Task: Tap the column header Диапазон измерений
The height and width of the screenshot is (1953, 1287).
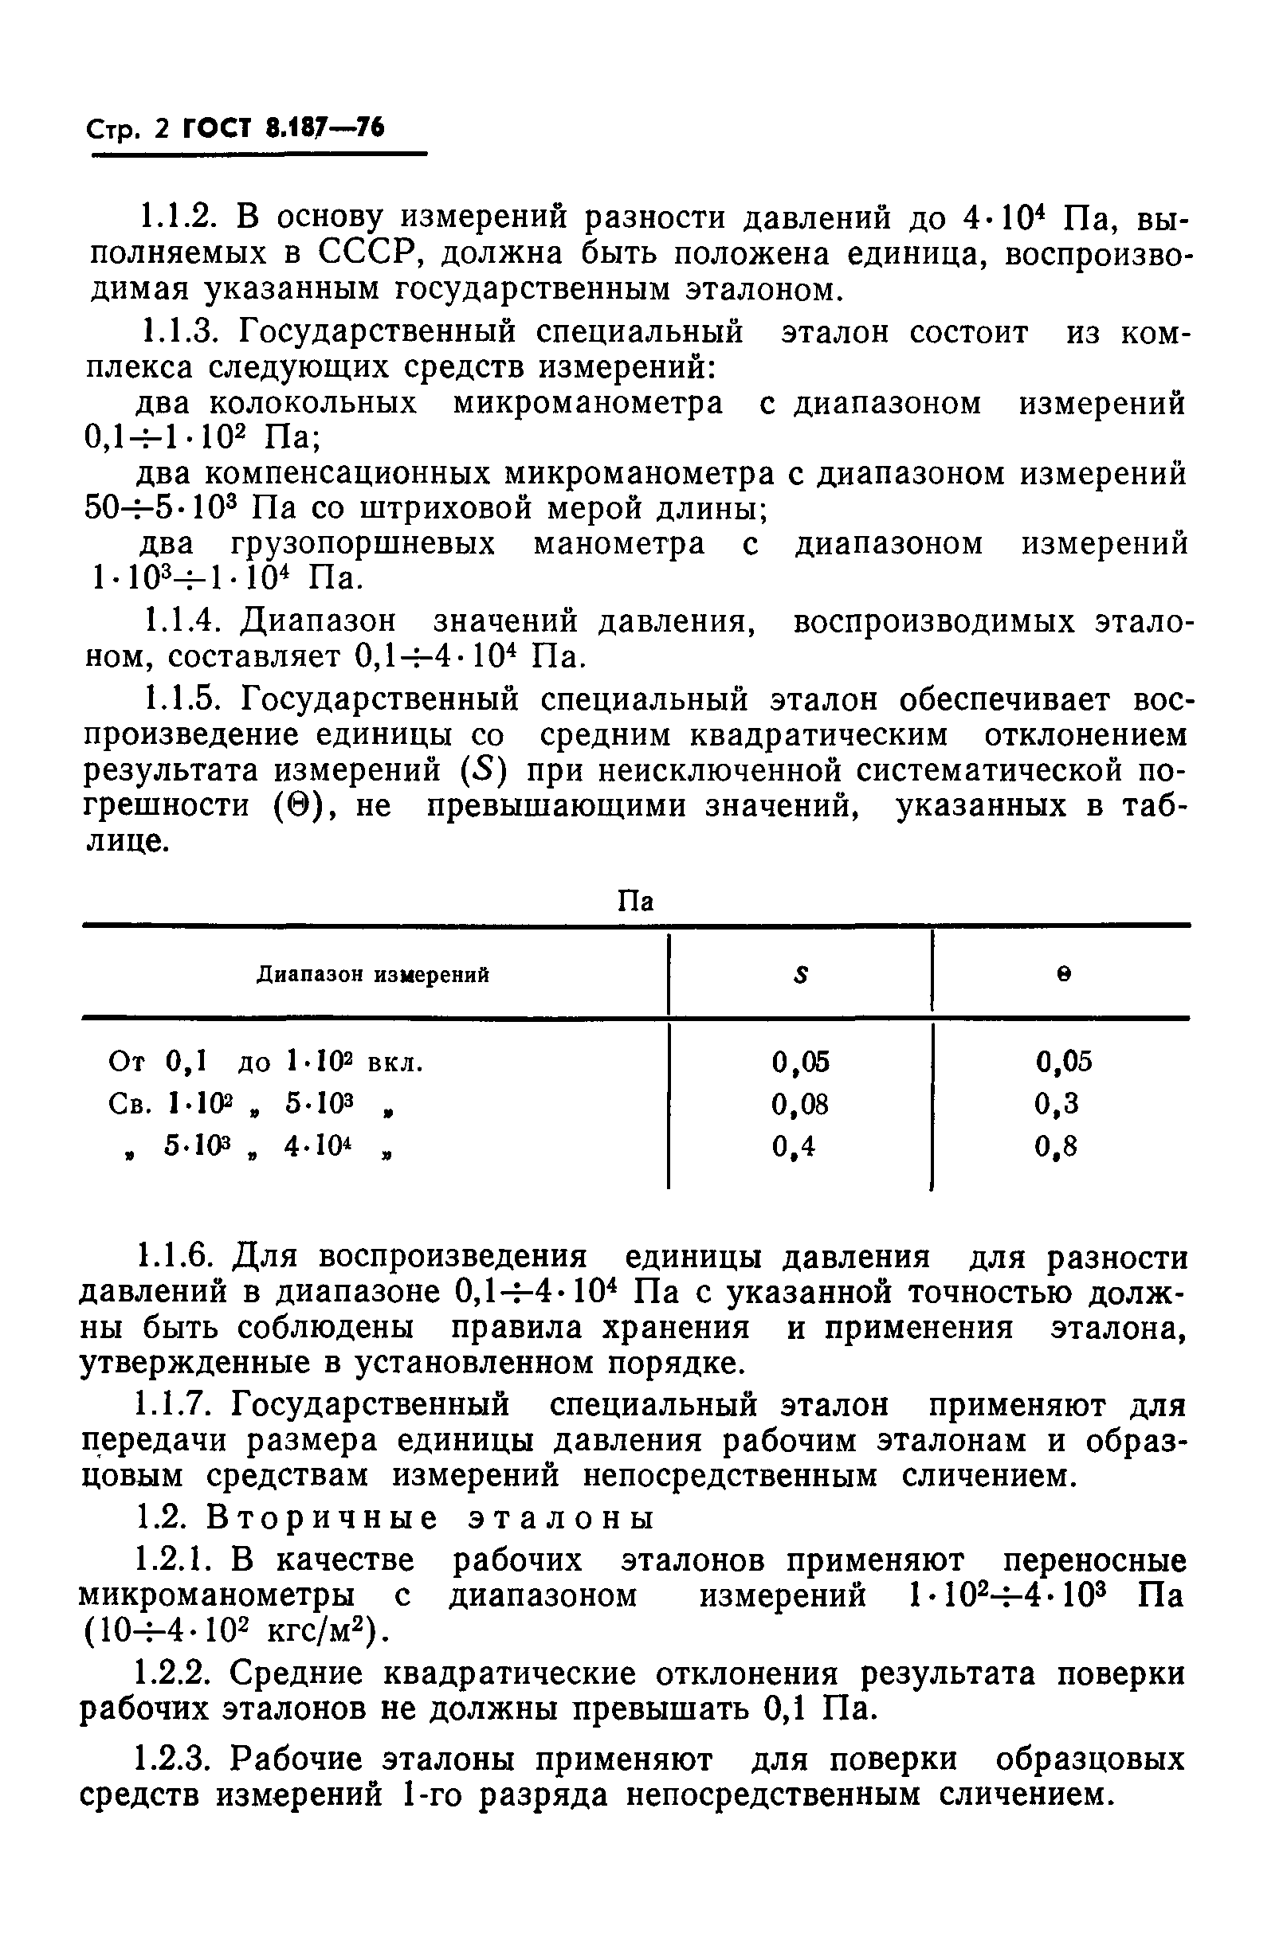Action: pyautogui.click(x=373, y=975)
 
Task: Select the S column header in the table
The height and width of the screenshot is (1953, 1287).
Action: pyautogui.click(x=801, y=975)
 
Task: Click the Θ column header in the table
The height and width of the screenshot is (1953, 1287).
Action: pyautogui.click(x=1064, y=975)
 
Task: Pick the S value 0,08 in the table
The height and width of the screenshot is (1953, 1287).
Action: pyautogui.click(x=800, y=1106)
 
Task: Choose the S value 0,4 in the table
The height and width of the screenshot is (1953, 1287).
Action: pyautogui.click(x=794, y=1147)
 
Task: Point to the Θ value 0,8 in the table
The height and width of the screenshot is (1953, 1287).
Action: pyautogui.click(x=1057, y=1147)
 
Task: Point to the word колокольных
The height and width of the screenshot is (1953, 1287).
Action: pyautogui.click(x=312, y=404)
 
